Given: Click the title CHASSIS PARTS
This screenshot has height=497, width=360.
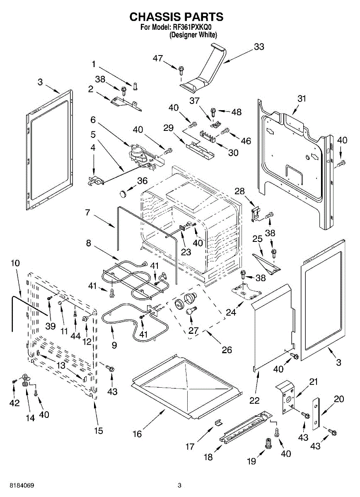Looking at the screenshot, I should (176, 17).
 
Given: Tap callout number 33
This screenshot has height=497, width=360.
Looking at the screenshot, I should (259, 47).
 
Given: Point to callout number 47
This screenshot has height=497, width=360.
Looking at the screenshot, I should (158, 58).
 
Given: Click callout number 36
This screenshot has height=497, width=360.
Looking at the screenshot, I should (142, 181).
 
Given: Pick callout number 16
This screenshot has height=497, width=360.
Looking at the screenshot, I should (137, 434).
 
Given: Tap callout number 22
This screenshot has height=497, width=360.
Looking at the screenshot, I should (254, 400).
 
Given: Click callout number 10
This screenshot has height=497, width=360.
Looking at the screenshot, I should (15, 263).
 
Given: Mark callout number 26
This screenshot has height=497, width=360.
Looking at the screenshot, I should (227, 350).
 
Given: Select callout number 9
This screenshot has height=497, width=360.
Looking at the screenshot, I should (114, 345).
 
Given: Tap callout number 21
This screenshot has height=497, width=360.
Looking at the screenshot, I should (313, 381).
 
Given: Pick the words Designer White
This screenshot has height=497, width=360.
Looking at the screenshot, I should (193, 35).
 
